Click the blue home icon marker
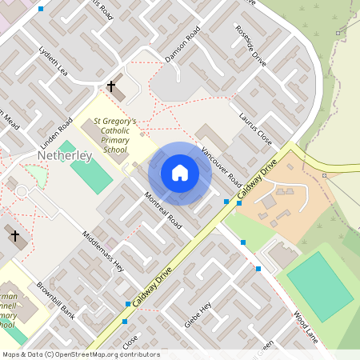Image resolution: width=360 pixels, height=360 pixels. [180, 173]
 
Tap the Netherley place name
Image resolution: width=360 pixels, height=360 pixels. [65, 154]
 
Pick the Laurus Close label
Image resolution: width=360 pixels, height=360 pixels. [256, 128]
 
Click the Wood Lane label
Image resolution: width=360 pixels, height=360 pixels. [307, 326]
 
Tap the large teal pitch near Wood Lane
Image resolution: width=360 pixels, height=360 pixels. [319, 286]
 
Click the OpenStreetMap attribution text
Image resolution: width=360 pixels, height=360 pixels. [80, 354]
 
